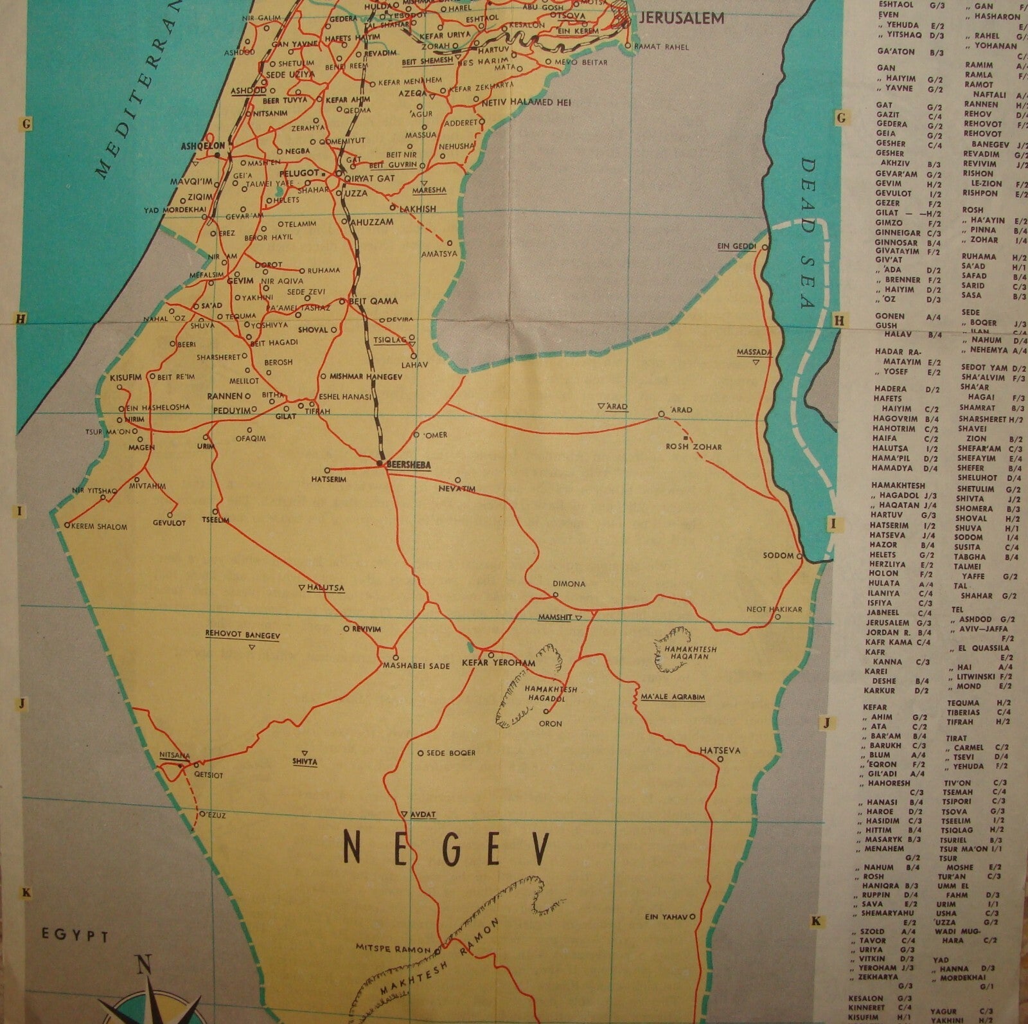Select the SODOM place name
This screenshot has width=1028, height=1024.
(778, 555)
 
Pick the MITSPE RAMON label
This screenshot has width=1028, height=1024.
(395, 948)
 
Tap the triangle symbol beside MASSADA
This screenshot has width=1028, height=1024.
(756, 361)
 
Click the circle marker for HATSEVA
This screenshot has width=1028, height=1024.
(720, 759)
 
